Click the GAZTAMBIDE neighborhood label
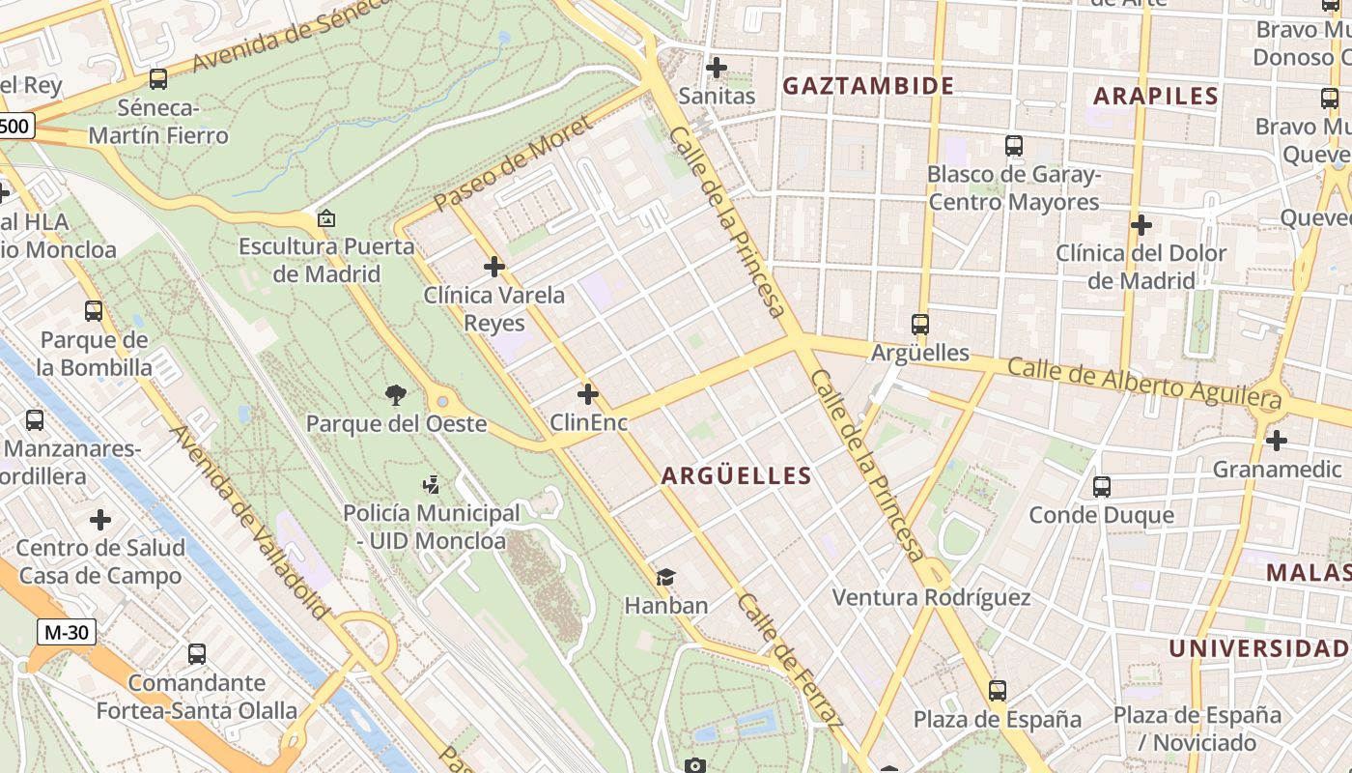click(x=867, y=86)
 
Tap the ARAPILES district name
click(x=1156, y=96)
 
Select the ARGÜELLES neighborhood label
click(x=736, y=475)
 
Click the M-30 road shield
click(x=67, y=633)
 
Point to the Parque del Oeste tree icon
click(x=395, y=394)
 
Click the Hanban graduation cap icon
click(x=665, y=578)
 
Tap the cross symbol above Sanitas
click(x=717, y=68)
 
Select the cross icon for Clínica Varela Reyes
click(x=494, y=267)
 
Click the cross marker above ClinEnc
click(x=588, y=394)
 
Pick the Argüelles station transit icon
click(x=920, y=325)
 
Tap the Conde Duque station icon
click(x=1102, y=487)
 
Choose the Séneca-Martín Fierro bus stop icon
click(x=158, y=79)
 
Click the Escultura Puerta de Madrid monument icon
click(x=326, y=218)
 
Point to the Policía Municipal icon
click(x=432, y=485)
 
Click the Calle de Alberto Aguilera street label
click(x=1143, y=381)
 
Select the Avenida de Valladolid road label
click(x=249, y=522)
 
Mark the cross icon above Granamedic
click(x=1277, y=441)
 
